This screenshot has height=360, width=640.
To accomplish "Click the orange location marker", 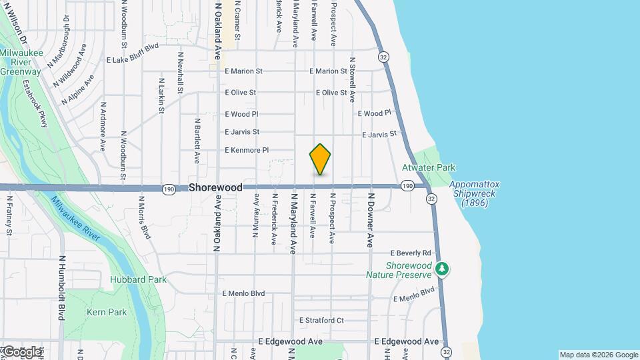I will click(x=320, y=159).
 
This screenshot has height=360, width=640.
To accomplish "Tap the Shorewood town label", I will click(x=215, y=188).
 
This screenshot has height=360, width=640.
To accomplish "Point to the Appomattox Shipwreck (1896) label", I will click(x=474, y=193).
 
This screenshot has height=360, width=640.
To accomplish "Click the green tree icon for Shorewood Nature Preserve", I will click(x=441, y=269).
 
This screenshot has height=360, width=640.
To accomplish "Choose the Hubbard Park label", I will click(x=138, y=279).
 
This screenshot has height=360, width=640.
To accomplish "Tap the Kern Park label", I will click(x=107, y=312).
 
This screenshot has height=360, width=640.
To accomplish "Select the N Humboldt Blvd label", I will click(x=61, y=287).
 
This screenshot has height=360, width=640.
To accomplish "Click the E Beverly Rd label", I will click(x=411, y=253).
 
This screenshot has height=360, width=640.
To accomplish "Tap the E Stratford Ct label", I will click(x=321, y=320).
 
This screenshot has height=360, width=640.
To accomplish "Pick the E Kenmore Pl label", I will click(x=247, y=150).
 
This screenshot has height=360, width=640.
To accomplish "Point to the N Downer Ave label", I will click(x=371, y=221).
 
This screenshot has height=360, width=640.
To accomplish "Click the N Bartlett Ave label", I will click(x=197, y=141).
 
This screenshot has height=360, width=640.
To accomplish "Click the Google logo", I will click(x=21, y=351).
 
